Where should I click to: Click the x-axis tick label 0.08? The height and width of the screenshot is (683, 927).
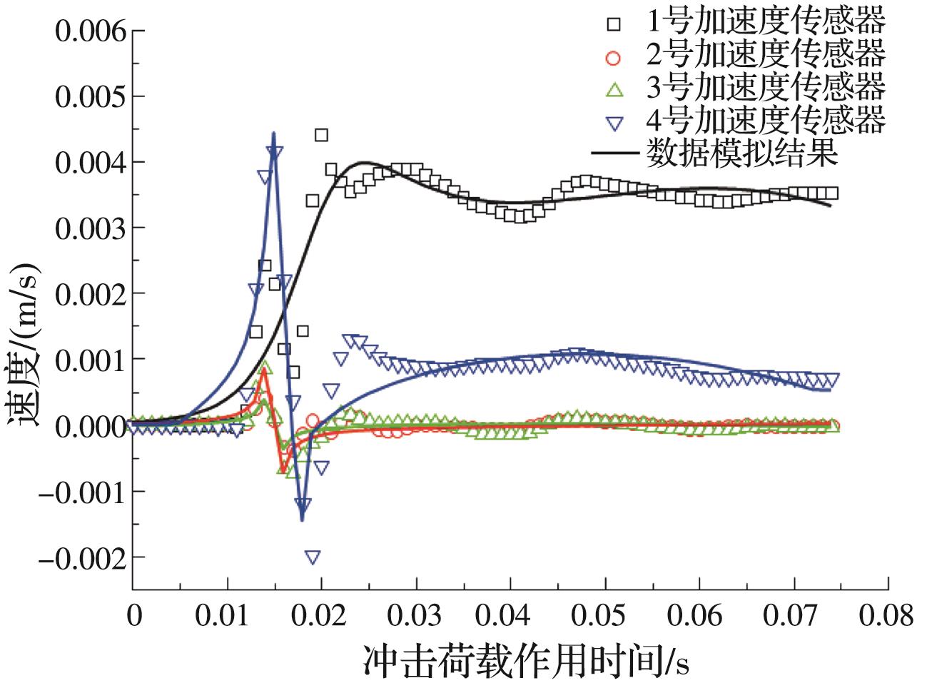pos(887,615)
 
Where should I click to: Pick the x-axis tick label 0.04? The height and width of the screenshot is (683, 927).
pos(510,615)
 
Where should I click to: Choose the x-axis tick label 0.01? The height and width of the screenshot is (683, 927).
pos(227,615)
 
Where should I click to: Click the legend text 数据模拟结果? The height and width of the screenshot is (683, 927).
pos(741,152)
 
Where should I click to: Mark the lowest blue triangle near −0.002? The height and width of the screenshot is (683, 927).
pos(312,557)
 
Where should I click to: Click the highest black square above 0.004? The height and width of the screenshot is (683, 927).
pos(321,135)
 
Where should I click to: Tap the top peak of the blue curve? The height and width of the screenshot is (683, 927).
pos(273,133)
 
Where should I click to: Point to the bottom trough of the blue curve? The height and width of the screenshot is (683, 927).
pos(303,520)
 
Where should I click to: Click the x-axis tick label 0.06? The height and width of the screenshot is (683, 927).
pos(699,615)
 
